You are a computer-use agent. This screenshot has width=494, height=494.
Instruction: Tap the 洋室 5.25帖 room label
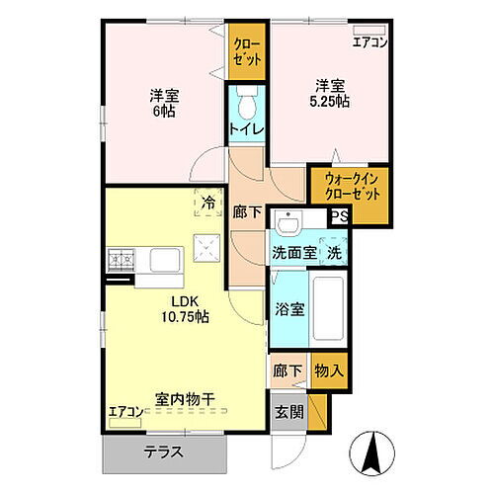point(330,93)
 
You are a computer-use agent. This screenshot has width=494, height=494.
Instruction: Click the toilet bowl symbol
point(247,103)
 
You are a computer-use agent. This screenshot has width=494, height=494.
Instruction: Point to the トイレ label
point(246,128)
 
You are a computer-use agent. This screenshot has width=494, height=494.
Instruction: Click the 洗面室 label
point(293,253)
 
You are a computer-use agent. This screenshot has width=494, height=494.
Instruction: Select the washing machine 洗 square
point(334,253)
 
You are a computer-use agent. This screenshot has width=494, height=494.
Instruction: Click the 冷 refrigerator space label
point(207,204)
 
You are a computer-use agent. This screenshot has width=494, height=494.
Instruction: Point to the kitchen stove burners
point(122,261)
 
